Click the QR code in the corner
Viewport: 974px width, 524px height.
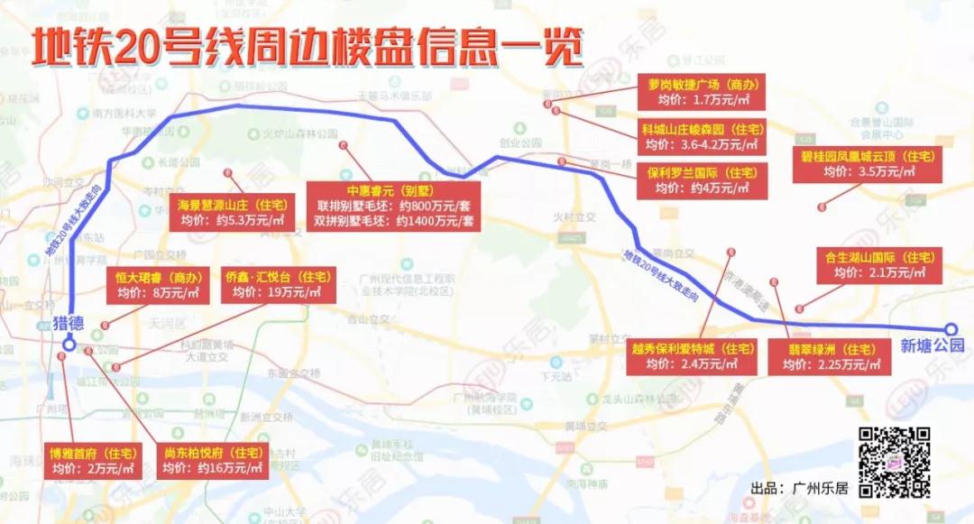coord(894,461)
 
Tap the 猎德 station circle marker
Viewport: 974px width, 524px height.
coord(69,343)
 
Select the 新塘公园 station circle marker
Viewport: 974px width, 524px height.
coord(951,329)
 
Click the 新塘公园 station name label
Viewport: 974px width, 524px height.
coord(932,345)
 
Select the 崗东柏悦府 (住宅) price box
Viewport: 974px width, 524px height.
coord(212,460)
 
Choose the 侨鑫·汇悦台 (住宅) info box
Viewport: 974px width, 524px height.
coord(277,284)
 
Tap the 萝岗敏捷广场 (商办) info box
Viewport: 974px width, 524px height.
coord(701,92)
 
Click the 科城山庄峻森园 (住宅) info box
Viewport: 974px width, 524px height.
coord(701,136)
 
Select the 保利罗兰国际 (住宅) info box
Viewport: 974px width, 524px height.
coord(701,179)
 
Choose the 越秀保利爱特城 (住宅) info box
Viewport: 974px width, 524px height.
coord(692,356)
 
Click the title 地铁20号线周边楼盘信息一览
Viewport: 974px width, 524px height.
coord(307,50)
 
